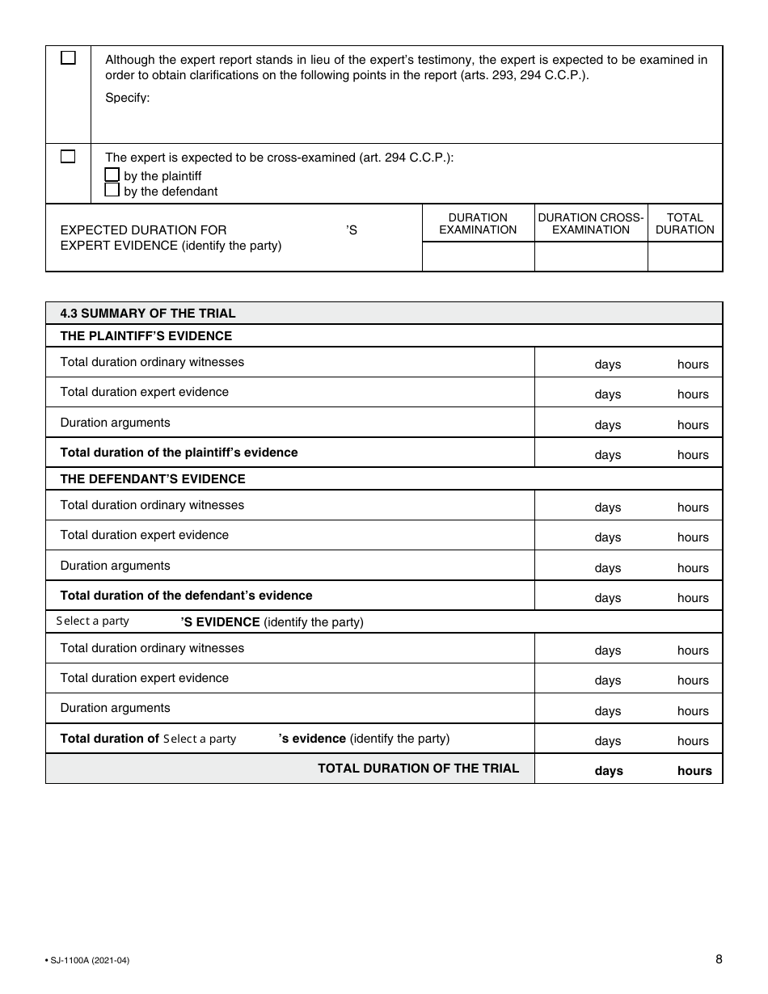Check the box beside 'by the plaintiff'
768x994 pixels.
(x=112, y=175)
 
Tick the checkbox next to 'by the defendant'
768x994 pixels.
(x=112, y=191)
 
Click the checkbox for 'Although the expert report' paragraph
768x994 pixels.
(x=69, y=58)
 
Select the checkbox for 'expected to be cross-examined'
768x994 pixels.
(x=69, y=157)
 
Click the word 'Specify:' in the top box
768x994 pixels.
(x=128, y=98)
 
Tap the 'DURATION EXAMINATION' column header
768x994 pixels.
(x=478, y=223)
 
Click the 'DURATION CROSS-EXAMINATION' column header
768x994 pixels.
(x=591, y=223)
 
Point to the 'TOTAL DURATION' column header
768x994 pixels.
(x=685, y=223)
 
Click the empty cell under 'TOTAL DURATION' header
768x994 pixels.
(x=685, y=256)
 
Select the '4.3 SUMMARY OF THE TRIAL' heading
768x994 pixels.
(x=148, y=314)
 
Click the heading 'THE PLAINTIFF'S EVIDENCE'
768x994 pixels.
(x=146, y=335)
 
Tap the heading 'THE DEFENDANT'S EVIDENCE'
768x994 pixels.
(x=152, y=478)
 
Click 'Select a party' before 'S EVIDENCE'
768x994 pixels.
(x=92, y=621)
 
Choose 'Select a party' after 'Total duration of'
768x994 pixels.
(x=200, y=739)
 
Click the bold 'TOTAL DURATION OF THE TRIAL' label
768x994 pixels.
(x=418, y=768)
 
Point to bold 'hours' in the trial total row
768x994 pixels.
(x=694, y=771)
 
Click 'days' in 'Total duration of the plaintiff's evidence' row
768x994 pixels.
(x=607, y=455)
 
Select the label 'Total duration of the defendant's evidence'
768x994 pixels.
(x=186, y=596)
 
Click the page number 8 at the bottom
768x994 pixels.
(x=719, y=959)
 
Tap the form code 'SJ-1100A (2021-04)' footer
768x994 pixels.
(x=88, y=960)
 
